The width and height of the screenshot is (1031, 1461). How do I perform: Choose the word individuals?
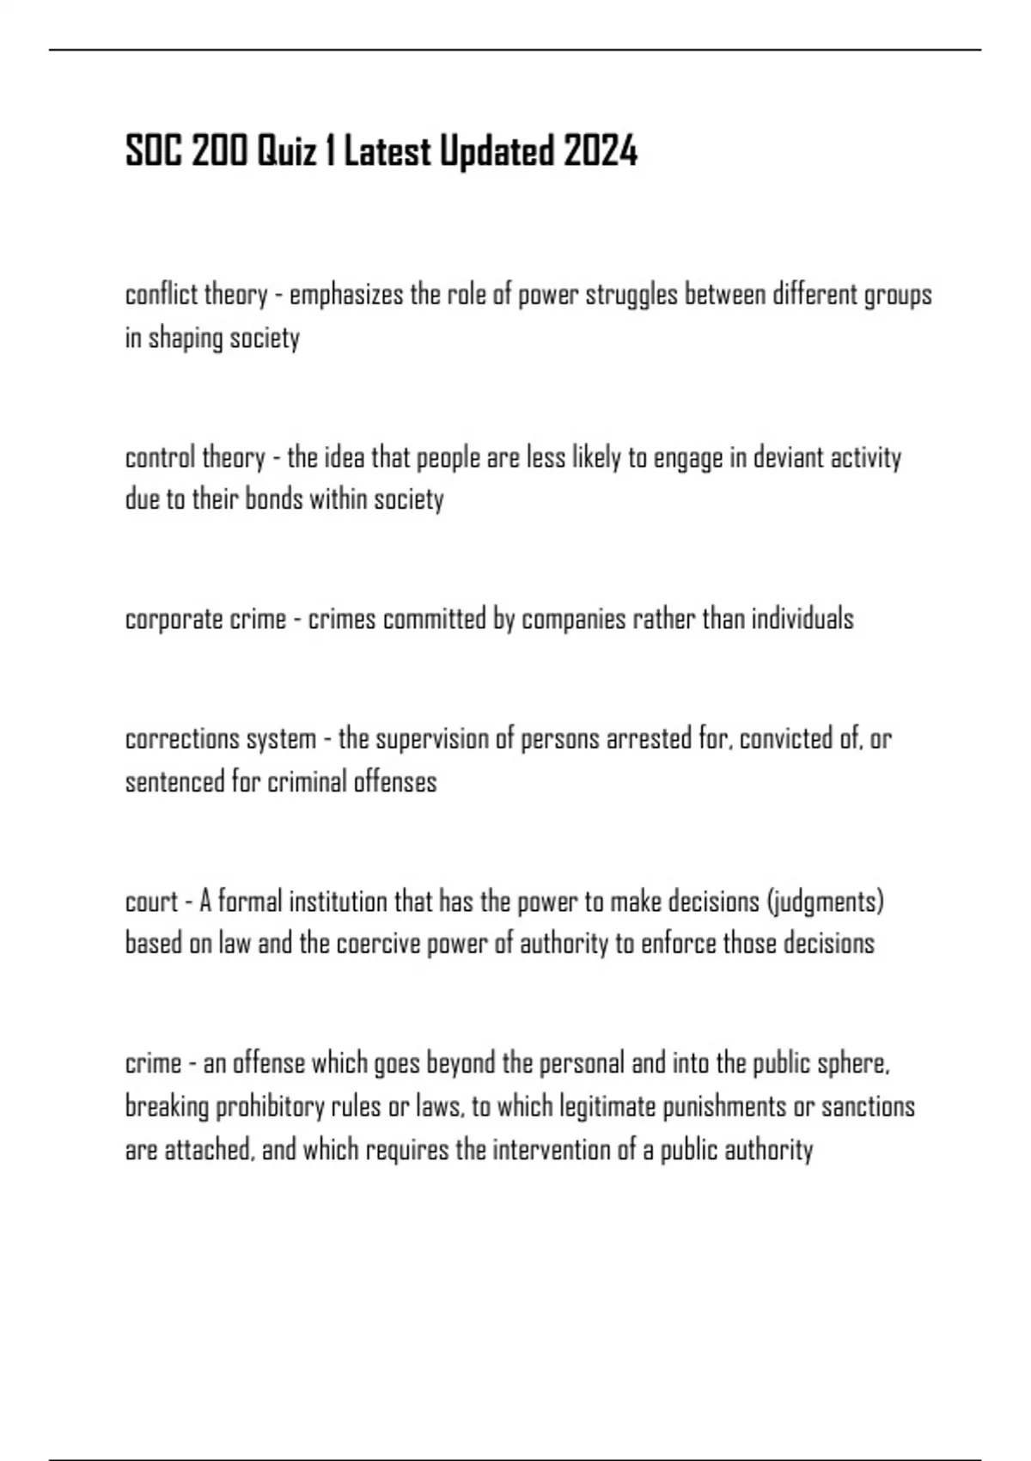(802, 619)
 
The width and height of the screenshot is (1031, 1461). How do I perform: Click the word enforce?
(678, 944)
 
